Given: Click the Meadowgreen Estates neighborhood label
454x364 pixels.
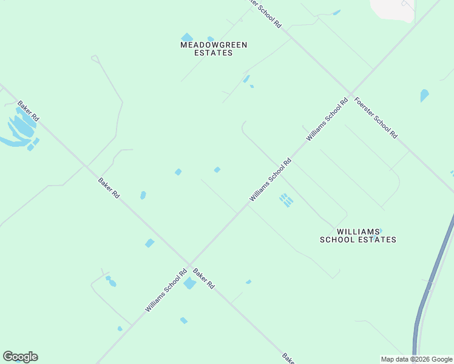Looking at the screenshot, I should pos(206,49).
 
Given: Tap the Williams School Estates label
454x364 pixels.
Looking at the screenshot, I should pos(358,235).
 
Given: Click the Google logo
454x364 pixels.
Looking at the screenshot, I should pos(20,357).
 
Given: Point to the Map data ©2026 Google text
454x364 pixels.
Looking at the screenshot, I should pos(417,359).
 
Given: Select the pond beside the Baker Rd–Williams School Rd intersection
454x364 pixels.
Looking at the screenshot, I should pos(190,283).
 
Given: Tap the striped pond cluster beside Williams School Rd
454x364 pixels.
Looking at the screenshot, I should pos(285,200).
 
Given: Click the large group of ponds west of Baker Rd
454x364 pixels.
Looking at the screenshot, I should pos(19,129).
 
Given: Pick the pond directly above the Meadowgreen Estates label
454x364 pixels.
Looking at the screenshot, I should pos(187,38).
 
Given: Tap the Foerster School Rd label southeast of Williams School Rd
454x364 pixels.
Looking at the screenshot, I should pos(376,117).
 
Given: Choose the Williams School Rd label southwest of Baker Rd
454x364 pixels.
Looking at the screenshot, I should pos(166,291).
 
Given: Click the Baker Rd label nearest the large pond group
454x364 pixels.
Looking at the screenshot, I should pos(28,111).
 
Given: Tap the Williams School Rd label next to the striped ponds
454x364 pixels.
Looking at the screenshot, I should pos(271,180).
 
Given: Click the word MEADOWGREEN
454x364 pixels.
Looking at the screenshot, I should pos(206,45).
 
